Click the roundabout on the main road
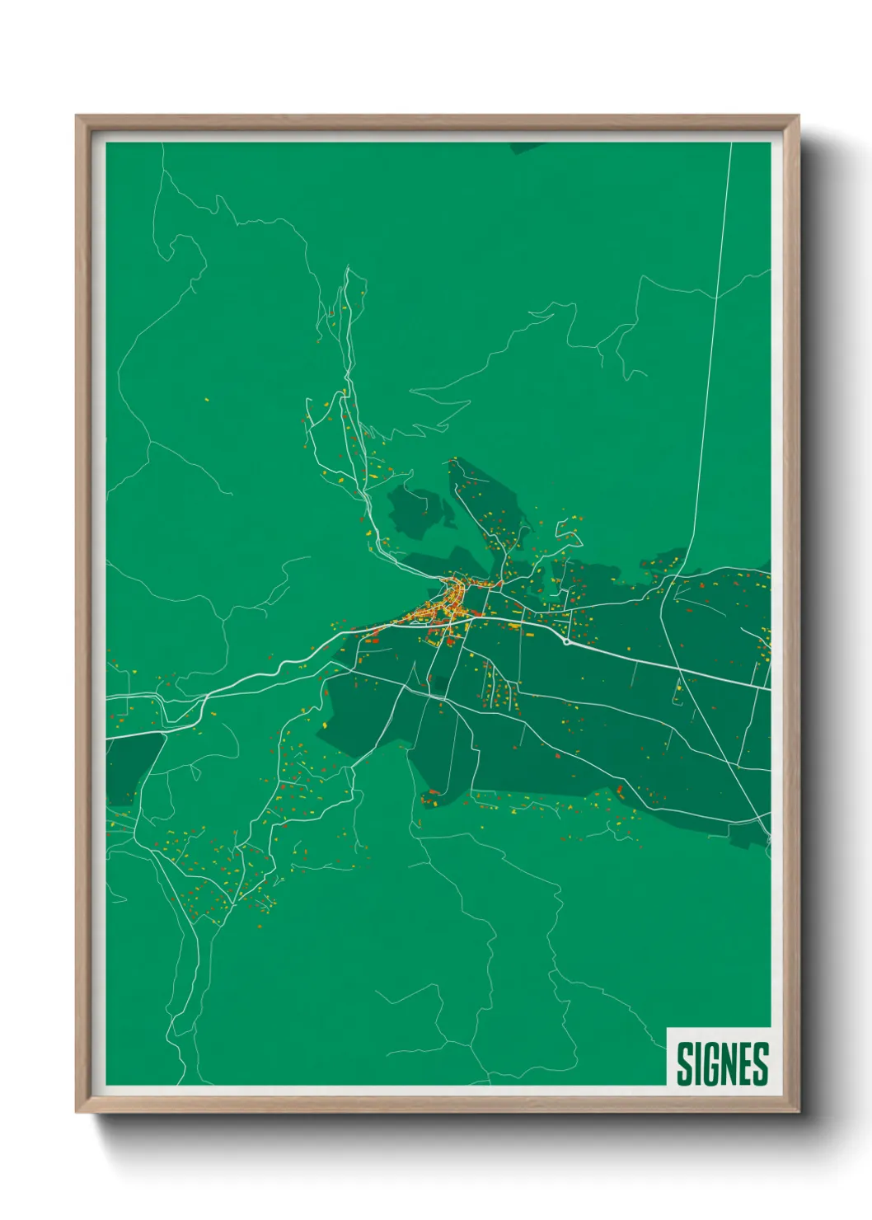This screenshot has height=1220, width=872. [x=566, y=640]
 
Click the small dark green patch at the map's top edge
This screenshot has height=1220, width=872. [x=527, y=148]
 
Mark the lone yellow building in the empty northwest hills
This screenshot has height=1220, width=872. [x=206, y=401]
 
